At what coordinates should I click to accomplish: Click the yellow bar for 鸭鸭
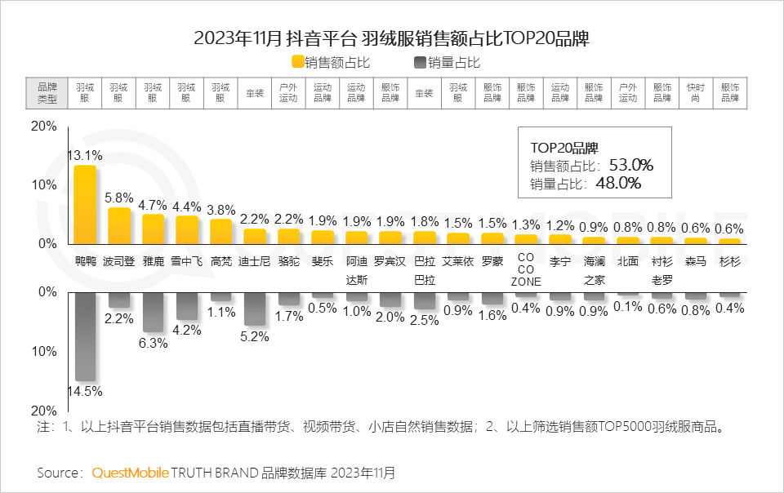pos(85,205)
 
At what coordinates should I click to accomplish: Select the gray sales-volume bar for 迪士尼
pos(255,309)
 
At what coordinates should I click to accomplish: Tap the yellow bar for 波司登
pos(119,225)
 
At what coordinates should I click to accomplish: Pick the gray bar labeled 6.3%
pos(154,312)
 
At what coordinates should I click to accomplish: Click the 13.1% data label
pos(84,154)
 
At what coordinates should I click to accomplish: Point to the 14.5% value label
pos(84,391)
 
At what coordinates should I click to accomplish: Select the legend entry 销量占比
pos(452,62)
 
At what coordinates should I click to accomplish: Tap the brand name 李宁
pos(559,262)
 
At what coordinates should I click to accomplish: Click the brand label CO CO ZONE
pos(525,269)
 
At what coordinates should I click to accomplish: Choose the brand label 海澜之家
pos(594,269)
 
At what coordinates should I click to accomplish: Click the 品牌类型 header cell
pos(47,92)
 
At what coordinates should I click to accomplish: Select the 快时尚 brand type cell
pos(696,92)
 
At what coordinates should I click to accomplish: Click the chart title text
pos(391,38)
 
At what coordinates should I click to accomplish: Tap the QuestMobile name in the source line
pos(131,473)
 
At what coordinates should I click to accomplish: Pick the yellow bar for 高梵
pos(221,231)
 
